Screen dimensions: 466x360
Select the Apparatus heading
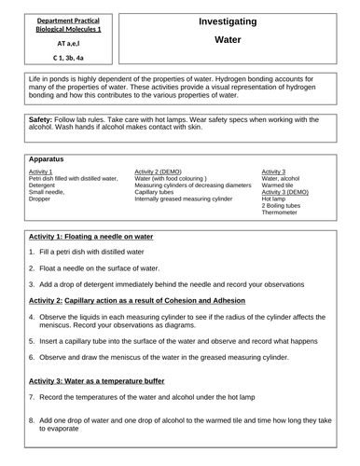[48, 159]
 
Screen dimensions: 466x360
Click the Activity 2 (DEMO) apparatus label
[163, 172]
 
